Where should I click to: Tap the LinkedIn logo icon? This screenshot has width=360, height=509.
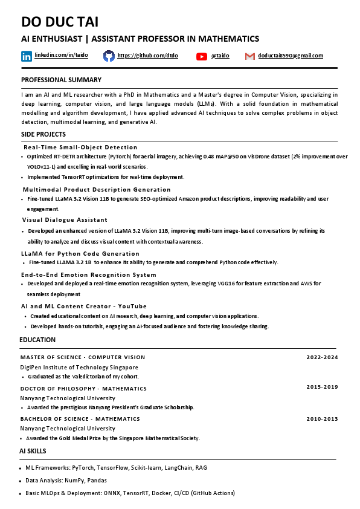pos(27,56)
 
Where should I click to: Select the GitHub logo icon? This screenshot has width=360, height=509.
pos(109,56)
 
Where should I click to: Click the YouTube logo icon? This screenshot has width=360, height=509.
pos(202,56)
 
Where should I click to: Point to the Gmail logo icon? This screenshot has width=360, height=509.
pos(249,56)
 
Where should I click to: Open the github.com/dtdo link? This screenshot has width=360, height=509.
pos(140,56)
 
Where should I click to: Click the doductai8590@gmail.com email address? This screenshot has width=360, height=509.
pos(291,56)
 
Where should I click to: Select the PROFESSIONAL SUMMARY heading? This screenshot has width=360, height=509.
pos(61,80)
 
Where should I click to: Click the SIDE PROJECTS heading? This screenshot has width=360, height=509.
pos(43,134)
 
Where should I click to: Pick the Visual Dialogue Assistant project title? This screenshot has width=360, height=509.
pos(65,219)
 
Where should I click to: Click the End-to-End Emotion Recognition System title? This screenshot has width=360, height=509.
pos(89,274)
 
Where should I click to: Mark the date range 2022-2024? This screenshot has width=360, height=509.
pos(322,357)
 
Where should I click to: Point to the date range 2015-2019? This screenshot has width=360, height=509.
pos(322,387)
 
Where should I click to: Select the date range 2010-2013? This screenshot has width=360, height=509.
pos(322,418)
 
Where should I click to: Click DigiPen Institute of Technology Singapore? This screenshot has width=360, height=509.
pos(79,367)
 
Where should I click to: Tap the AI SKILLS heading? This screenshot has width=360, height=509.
pos(33,451)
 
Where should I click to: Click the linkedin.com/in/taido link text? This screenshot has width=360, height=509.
pos(61,55)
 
